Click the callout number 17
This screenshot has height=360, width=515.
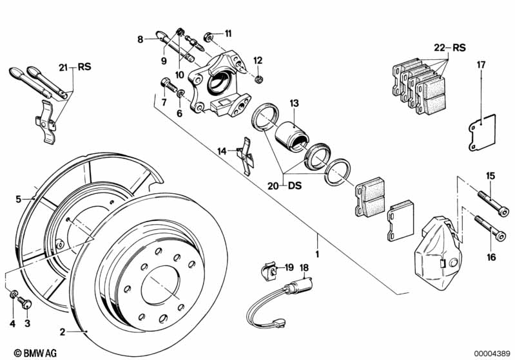[480, 64]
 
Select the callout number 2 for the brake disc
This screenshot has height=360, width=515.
[62, 332]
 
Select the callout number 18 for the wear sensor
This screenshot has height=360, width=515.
[304, 267]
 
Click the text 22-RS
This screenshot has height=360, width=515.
[448, 47]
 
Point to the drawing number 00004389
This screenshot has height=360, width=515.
[489, 353]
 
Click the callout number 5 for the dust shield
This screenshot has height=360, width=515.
[19, 198]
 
